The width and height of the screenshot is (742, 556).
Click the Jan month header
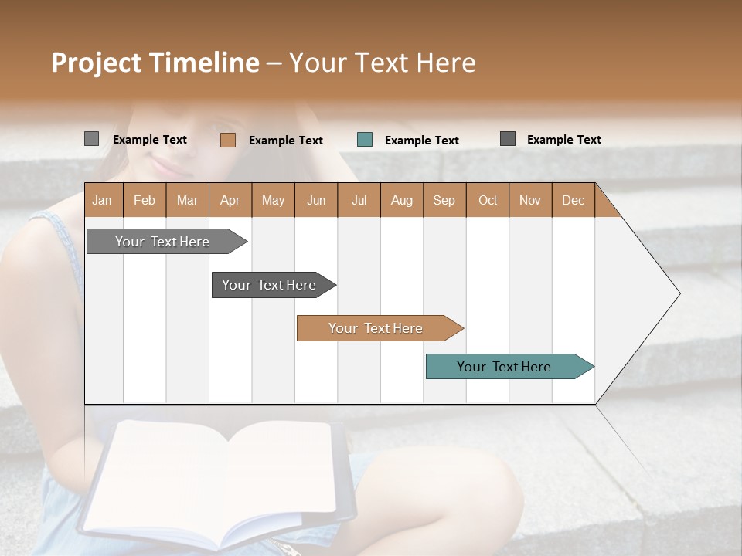(103, 200)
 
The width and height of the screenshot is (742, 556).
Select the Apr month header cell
(230, 200)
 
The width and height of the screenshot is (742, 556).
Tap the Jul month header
(359, 200)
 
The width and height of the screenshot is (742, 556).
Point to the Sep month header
(444, 200)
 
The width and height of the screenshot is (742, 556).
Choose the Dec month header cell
(574, 200)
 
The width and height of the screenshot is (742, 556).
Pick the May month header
(273, 200)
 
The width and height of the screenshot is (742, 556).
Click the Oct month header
(488, 200)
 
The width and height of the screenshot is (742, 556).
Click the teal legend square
(365, 140)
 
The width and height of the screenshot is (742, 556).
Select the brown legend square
(228, 140)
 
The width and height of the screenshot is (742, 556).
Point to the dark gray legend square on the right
(508, 139)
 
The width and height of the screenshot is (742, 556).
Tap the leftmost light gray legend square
(92, 139)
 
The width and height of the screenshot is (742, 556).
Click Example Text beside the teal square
(422, 141)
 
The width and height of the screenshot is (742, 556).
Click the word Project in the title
(95, 63)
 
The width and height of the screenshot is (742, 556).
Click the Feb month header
(145, 200)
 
